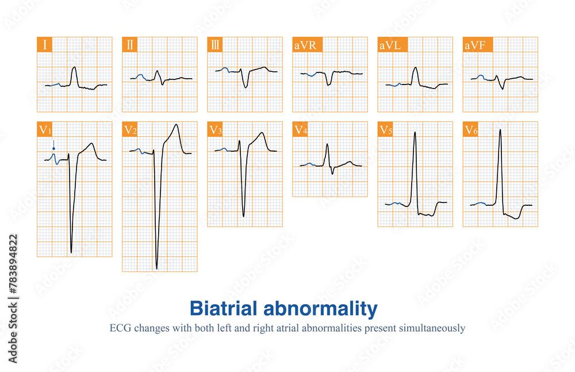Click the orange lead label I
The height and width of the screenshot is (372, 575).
point(45,45)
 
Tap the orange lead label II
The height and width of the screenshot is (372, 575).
point(130,45)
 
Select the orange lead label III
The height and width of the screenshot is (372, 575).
point(215,45)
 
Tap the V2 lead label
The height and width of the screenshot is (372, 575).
point(131,129)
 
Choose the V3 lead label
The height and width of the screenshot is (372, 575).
point(216,129)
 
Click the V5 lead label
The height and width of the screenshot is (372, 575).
point(386,129)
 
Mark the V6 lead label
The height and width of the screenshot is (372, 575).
point(471,129)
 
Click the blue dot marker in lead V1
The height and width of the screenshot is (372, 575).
point(53,148)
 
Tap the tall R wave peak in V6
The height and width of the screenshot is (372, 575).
point(500,130)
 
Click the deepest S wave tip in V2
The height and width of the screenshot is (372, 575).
point(156,269)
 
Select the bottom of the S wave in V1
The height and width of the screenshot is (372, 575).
point(71,252)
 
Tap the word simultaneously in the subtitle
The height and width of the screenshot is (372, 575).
point(430,329)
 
